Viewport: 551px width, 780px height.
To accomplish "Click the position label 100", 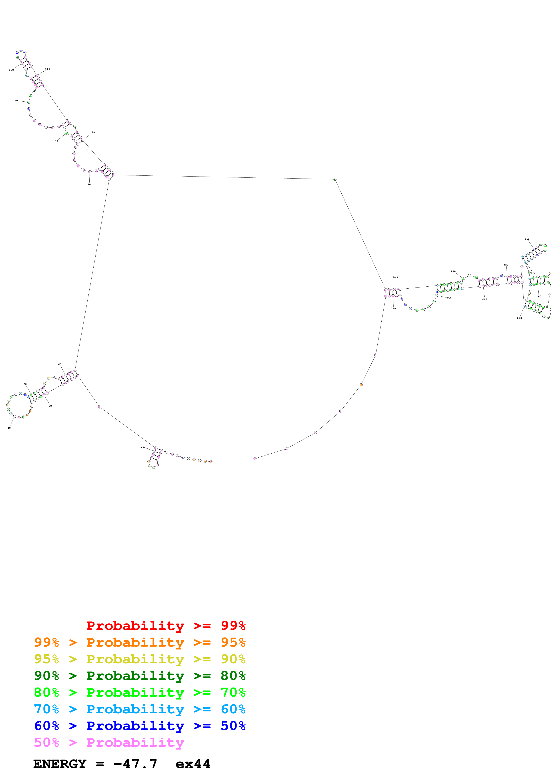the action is (11, 70).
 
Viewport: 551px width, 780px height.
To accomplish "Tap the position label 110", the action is (48, 69).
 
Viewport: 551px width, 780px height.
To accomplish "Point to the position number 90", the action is (16, 101).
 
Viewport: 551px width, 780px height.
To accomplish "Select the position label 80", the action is (56, 141).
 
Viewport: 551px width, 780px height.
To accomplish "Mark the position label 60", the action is (59, 364).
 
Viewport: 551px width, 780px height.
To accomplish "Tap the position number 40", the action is (9, 428).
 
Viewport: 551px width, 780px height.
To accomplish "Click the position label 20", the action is (142, 447).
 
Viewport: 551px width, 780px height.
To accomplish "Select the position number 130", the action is (395, 277).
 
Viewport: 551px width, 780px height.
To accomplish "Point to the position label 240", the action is (393, 308).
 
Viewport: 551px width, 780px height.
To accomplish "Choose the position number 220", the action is (485, 299).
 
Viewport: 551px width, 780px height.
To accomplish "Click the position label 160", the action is (527, 239).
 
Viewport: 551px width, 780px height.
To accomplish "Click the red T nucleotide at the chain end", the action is (211, 462).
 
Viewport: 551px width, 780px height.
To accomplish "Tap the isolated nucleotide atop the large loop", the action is (335, 179).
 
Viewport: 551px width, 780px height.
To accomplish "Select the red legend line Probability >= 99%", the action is (166, 625).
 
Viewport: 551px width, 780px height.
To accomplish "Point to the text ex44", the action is (193, 764).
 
